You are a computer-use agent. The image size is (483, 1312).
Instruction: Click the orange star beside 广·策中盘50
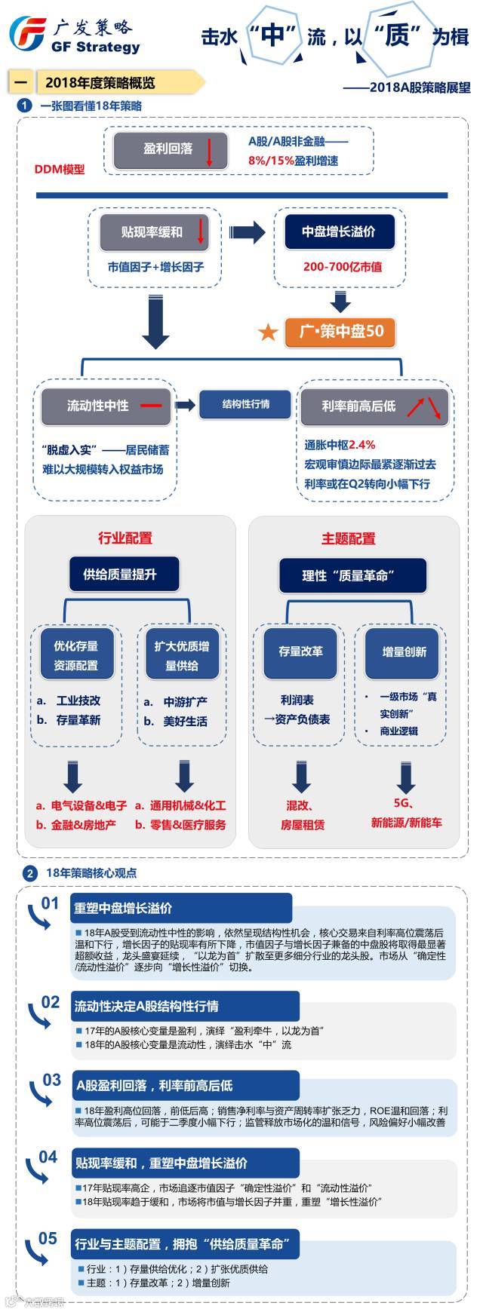pyautogui.click(x=268, y=332)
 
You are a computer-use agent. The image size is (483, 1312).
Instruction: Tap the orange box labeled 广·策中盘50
pyautogui.click(x=341, y=331)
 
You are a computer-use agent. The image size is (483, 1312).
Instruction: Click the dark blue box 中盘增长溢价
pyautogui.click(x=339, y=231)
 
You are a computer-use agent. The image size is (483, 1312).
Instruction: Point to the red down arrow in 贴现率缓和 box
pyautogui.click(x=201, y=231)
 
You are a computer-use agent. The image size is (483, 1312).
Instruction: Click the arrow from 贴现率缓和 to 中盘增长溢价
pyautogui.click(x=247, y=232)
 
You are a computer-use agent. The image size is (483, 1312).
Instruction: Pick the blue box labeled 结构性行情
pyautogui.click(x=245, y=404)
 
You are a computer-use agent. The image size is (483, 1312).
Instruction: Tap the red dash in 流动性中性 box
pyautogui.click(x=150, y=406)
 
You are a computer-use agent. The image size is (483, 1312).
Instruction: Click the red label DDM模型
pyautogui.click(x=60, y=170)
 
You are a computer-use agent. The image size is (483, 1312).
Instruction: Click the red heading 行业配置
pyautogui.click(x=125, y=538)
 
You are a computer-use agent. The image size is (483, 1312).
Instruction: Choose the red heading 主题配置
pyautogui.click(x=349, y=538)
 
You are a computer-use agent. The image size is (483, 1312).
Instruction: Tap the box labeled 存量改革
pyautogui.click(x=300, y=651)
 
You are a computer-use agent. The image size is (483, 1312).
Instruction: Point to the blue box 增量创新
pyautogui.click(x=405, y=651)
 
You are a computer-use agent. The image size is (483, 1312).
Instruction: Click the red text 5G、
pyautogui.click(x=404, y=804)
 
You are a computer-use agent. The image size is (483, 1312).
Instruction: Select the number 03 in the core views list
pyautogui.click(x=51, y=1080)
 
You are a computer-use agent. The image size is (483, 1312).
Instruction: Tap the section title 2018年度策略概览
pyautogui.click(x=100, y=82)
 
